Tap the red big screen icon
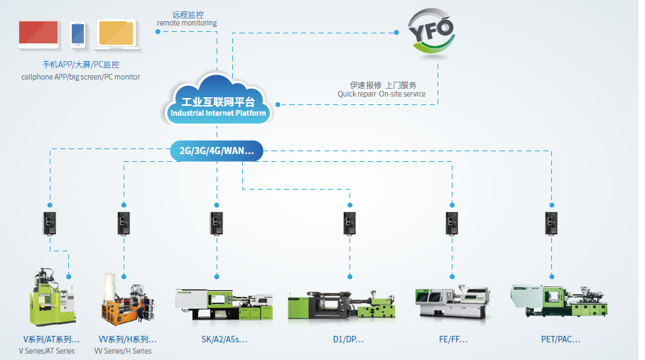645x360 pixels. point(38,33)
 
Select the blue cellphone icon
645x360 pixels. point(78,34)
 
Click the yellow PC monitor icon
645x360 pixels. point(118,34)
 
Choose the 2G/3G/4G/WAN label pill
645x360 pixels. point(217,151)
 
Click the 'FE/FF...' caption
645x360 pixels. point(453,339)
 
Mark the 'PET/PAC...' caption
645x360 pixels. point(560,339)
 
